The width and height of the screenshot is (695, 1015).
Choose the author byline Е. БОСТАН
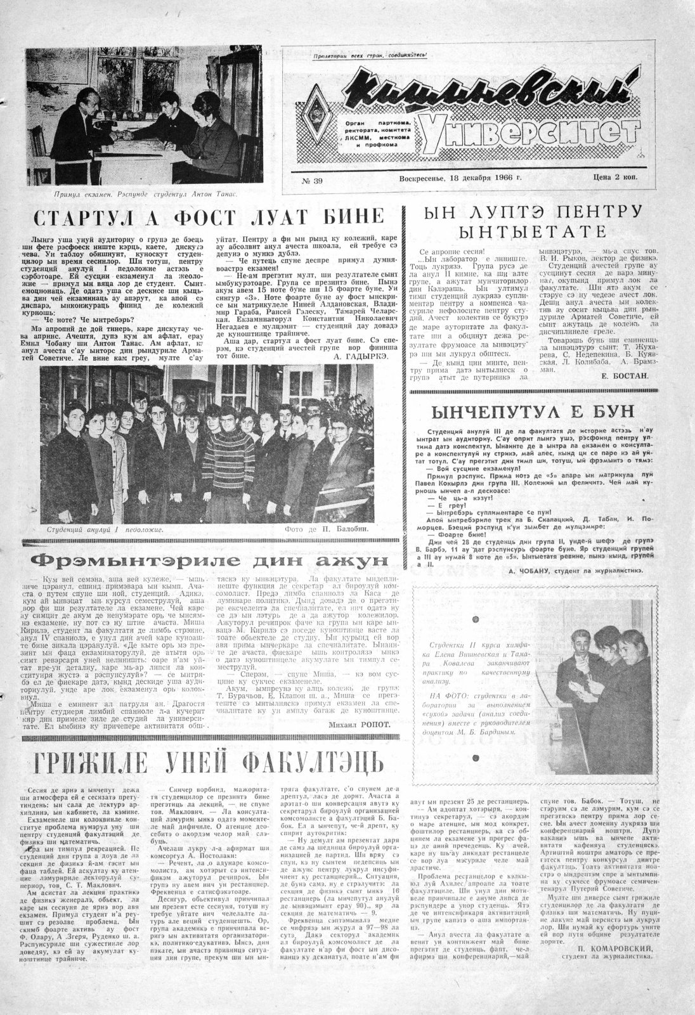point(623,375)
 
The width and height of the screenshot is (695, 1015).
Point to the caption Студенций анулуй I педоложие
point(105,528)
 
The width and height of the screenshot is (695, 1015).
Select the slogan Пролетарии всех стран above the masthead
point(370,55)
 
